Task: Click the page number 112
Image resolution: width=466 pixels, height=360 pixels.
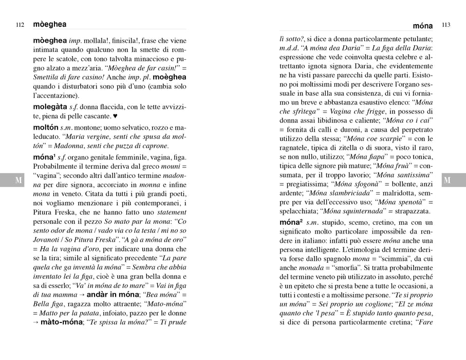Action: pos(21,25)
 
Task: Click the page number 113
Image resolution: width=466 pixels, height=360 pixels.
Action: pos(446,25)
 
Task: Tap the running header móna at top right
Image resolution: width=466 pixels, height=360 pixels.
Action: pos(423,25)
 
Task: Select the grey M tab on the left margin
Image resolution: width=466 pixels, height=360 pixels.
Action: pos(19,179)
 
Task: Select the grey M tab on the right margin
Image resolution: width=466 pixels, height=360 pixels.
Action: pos(446,179)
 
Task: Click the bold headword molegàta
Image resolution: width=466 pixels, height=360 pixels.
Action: pos(50,106)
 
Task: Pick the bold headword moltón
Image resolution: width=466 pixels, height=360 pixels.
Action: pos(46,127)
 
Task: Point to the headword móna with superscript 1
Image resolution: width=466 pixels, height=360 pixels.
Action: pos(45,157)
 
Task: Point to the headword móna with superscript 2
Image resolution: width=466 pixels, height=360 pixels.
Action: pos(290,223)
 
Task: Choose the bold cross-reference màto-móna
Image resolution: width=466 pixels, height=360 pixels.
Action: pos(61,322)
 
